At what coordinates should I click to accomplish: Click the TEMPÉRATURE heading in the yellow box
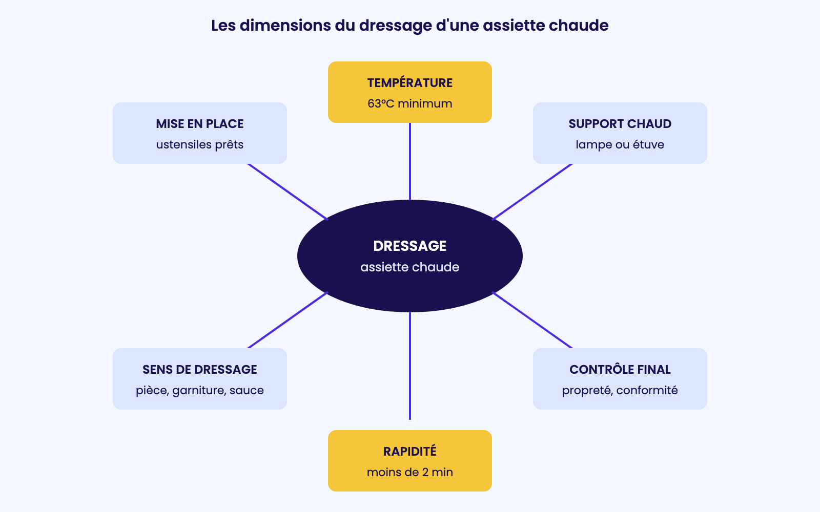coord(409,82)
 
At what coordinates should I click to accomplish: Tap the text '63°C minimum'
coord(409,103)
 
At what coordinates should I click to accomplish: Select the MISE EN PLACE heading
coord(199,123)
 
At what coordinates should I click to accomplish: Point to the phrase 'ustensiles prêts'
coord(199,145)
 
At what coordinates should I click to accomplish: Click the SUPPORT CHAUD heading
coord(620,123)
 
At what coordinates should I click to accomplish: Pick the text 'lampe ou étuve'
coord(620,145)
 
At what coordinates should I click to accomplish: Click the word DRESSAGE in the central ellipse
coord(409,246)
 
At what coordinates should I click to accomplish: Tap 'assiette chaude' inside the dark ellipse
coord(409,267)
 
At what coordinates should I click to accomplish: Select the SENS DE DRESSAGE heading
coord(199,369)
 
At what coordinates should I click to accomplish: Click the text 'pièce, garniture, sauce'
coord(199,391)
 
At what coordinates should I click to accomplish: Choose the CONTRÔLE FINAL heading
coord(620,369)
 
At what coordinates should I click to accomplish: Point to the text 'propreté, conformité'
coord(620,391)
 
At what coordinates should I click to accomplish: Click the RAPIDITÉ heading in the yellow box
coord(409,451)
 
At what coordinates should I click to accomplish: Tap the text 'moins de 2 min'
coord(409,472)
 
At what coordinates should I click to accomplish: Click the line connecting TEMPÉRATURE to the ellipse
coord(410,161)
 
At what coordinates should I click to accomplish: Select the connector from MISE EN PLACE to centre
coord(288,192)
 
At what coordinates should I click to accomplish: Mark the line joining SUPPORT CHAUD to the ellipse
coord(532,192)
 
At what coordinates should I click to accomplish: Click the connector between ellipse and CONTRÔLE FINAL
coord(532,320)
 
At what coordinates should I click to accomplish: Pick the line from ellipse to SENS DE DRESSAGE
coord(288,320)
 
